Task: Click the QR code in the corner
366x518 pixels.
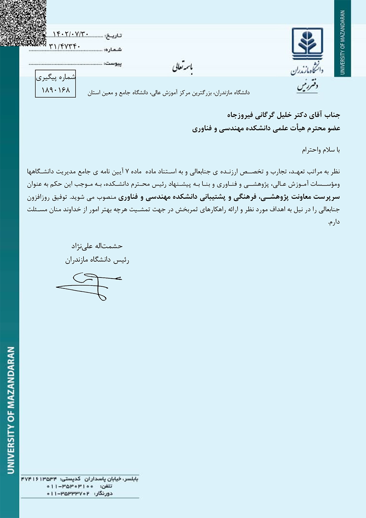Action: [23, 23]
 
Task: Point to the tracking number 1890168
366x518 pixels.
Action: [56, 90]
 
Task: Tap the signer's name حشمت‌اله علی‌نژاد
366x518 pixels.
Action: [97, 246]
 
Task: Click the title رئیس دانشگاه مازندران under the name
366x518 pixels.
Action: [97, 260]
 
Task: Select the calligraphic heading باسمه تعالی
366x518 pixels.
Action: [183, 67]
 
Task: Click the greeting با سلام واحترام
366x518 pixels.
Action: [321, 150]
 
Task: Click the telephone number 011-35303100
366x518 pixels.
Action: [70, 486]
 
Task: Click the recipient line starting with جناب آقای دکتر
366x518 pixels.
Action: [284, 115]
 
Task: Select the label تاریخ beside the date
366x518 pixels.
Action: [113, 36]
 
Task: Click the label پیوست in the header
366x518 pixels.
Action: [113, 63]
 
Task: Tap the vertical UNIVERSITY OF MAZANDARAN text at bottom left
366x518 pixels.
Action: [11, 410]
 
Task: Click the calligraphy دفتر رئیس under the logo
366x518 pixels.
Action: [307, 87]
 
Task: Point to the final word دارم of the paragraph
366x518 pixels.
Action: [334, 222]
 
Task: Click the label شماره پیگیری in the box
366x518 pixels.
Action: [56, 77]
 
